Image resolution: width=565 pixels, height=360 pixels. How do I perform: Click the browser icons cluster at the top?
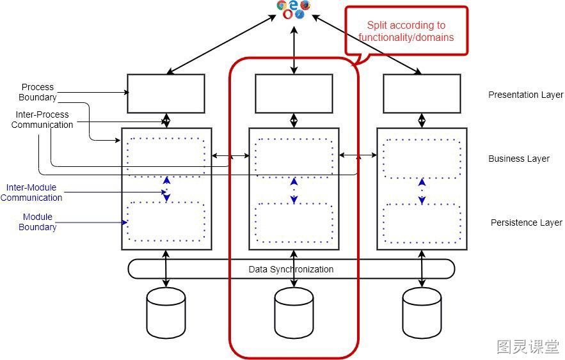293,10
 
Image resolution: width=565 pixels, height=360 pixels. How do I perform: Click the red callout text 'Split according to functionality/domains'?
406,31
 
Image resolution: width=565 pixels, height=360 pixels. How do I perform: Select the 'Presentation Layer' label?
526,95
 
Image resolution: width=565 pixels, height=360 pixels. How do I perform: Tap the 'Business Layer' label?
519,159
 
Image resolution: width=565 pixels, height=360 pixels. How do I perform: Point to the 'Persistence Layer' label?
527,223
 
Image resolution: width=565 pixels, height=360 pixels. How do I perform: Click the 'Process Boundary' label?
38,92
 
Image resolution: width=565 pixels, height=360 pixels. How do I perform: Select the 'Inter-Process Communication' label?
42,120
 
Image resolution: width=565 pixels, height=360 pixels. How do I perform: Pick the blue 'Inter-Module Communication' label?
31,192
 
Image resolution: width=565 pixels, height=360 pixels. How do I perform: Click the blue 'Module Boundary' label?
38,222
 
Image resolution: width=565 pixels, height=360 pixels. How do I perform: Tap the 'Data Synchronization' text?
291,269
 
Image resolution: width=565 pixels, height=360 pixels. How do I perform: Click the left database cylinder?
166,313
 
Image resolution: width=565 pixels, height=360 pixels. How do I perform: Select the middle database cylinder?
294,313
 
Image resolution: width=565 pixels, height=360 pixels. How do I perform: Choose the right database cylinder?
422,313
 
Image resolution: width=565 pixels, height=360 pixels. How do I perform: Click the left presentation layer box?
166,93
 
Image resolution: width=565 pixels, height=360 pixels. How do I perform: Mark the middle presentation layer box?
294,93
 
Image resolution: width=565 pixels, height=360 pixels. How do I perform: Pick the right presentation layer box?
422,93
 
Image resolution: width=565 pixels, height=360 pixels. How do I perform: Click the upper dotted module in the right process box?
422,158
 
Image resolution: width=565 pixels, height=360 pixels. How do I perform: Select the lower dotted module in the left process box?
166,221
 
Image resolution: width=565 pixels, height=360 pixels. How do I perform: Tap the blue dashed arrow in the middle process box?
294,191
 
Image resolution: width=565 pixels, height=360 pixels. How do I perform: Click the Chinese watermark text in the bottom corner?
528,347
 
